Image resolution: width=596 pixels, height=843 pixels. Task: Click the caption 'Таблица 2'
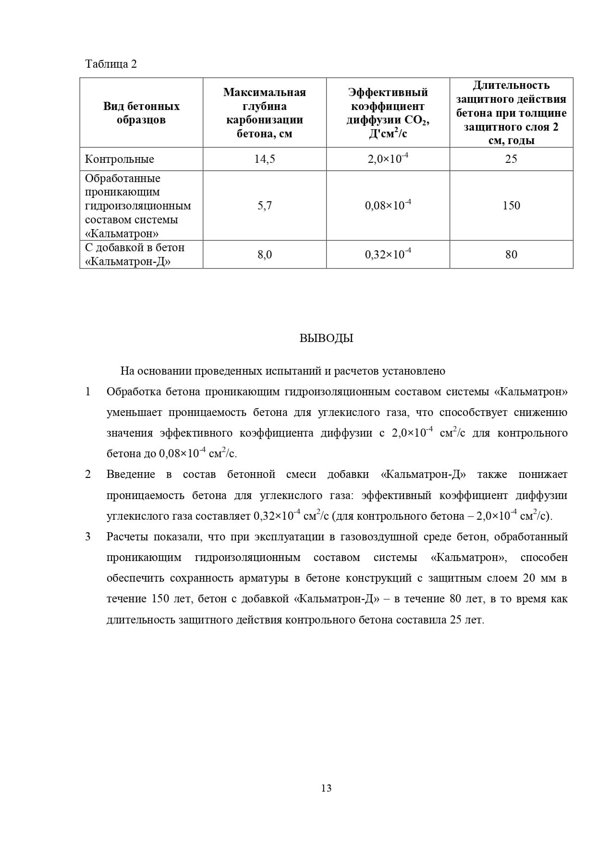click(x=111, y=64)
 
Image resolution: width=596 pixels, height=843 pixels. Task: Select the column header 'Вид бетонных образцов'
click(x=141, y=113)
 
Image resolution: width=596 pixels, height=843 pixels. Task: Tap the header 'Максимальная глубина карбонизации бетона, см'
click(x=265, y=113)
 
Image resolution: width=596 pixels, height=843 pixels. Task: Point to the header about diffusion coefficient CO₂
click(x=388, y=113)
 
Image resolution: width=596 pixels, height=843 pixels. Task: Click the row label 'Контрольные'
click(x=120, y=159)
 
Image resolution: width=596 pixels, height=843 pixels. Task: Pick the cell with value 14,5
click(x=265, y=159)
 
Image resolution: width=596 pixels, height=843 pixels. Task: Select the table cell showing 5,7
click(x=265, y=206)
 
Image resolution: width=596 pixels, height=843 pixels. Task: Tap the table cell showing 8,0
click(x=265, y=255)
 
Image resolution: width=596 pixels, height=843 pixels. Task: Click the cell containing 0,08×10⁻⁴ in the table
click(x=388, y=206)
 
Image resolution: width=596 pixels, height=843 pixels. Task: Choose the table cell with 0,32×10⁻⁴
click(x=388, y=255)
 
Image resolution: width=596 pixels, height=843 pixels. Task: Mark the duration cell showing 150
click(x=511, y=206)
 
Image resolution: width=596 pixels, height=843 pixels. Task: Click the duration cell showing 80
click(x=511, y=255)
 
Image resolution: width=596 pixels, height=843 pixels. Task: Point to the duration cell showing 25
click(x=511, y=159)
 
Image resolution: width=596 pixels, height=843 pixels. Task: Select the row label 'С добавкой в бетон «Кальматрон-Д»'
click(x=134, y=255)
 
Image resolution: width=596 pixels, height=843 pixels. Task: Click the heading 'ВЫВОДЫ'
click(x=326, y=338)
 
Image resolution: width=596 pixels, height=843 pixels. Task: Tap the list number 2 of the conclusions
click(x=88, y=475)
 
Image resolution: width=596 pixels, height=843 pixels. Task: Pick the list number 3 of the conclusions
click(x=88, y=537)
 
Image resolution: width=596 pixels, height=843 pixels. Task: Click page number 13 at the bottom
click(x=326, y=788)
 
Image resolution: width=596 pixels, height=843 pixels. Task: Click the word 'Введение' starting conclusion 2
click(x=131, y=475)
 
